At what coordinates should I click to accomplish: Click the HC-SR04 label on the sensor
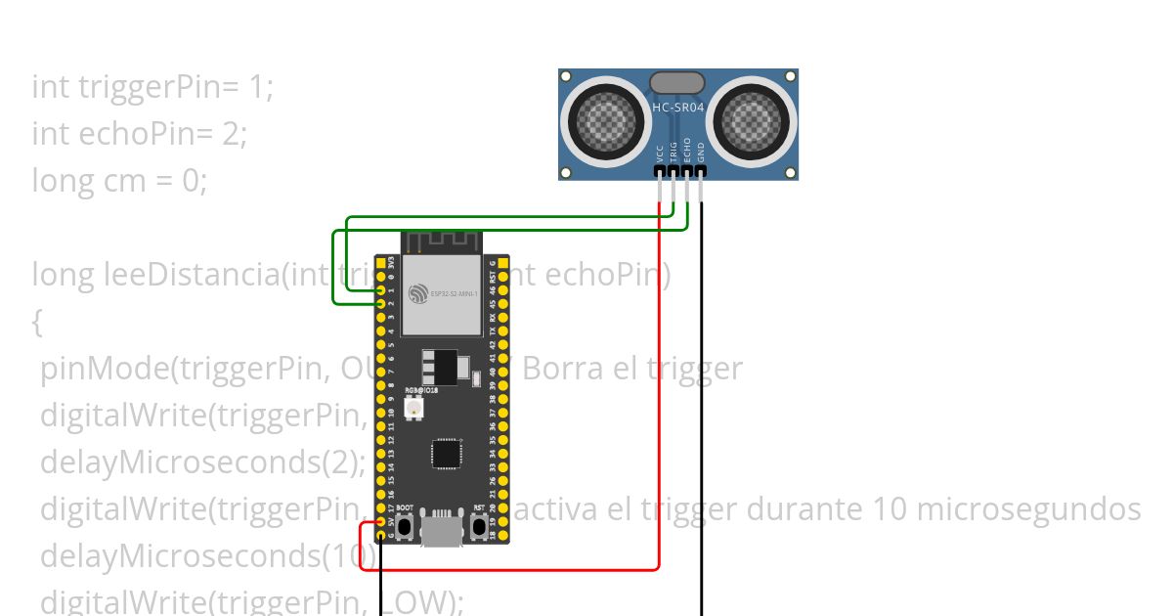tap(678, 108)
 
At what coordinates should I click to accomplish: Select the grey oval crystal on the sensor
tap(676, 82)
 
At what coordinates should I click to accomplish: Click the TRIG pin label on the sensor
tap(673, 151)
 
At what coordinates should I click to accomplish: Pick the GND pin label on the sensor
tap(701, 153)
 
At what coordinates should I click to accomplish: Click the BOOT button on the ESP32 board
tap(405, 526)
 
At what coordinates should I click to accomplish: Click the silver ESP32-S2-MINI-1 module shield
tap(442, 293)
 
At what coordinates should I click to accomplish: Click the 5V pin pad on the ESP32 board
tap(381, 523)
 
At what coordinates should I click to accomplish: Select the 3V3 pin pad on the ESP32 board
tap(381, 264)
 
